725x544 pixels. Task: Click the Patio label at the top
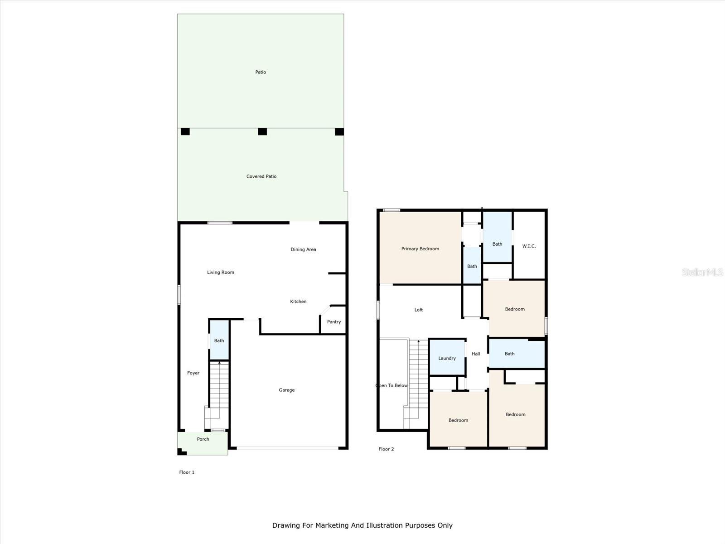click(x=261, y=72)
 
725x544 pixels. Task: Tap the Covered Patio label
click(x=261, y=176)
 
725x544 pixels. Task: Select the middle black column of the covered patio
click(x=262, y=132)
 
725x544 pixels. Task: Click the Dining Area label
click(x=303, y=249)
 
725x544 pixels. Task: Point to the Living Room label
click(x=221, y=272)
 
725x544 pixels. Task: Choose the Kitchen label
click(x=298, y=301)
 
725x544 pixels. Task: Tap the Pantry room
click(x=333, y=321)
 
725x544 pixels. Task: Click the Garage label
click(x=287, y=390)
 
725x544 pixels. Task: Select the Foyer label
click(x=193, y=373)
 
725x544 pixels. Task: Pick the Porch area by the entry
click(x=203, y=443)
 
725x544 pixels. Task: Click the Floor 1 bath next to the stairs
click(x=219, y=340)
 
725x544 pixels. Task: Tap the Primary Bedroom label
click(x=420, y=249)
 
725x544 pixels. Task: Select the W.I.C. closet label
click(x=529, y=246)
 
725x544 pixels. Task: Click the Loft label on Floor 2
click(x=419, y=310)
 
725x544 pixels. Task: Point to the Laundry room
click(x=447, y=357)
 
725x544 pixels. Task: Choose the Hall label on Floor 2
click(x=476, y=354)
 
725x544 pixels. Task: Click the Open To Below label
click(x=392, y=385)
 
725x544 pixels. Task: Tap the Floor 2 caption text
click(x=386, y=449)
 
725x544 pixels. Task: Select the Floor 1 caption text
click(x=187, y=472)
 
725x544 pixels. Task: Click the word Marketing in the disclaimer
click(x=332, y=525)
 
